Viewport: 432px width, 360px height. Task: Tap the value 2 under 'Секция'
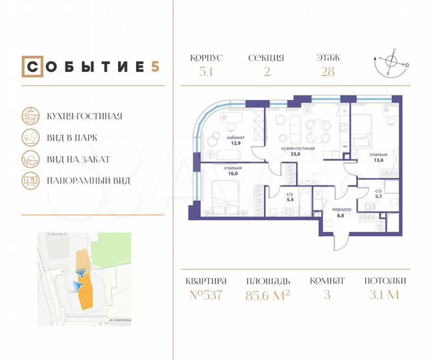point(267,72)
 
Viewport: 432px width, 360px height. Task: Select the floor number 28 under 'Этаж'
point(328,72)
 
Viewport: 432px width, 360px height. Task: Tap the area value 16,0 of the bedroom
point(233,173)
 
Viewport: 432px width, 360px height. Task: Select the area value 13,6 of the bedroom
point(379,159)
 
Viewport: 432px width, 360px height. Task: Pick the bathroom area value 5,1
point(379,196)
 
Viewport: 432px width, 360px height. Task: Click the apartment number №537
point(206,296)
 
